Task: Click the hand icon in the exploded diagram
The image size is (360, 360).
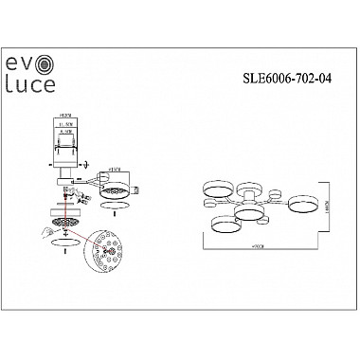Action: click(45, 229)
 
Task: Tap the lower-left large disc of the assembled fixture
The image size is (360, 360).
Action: click(225, 224)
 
